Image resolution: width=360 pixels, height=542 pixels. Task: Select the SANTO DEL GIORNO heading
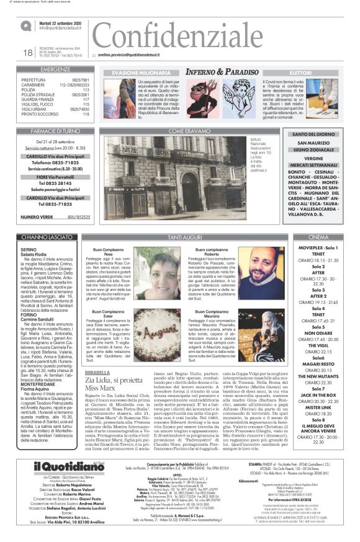coord(313,135)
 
